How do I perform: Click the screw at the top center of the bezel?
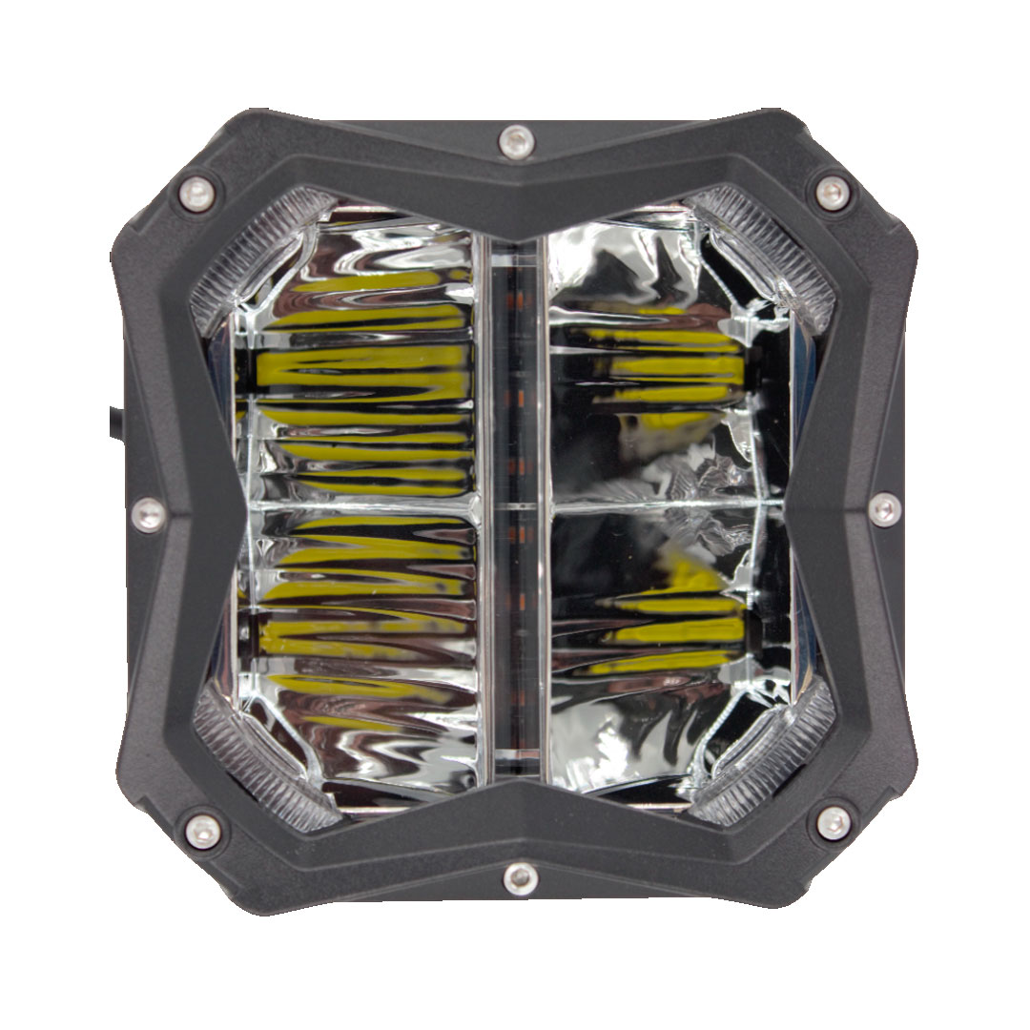(x=516, y=142)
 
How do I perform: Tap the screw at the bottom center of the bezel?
(x=520, y=876)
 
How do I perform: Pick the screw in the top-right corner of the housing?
(x=833, y=192)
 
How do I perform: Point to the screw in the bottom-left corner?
(x=202, y=831)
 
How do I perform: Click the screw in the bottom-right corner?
(x=834, y=822)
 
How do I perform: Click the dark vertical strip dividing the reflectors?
(x=515, y=496)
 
